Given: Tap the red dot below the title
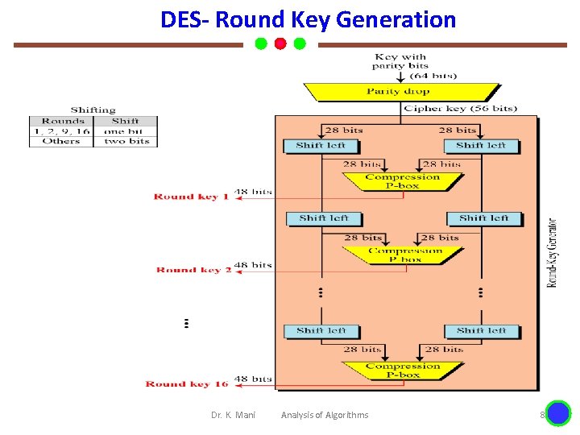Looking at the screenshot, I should [x=280, y=43].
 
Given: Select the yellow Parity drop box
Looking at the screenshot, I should [x=399, y=92].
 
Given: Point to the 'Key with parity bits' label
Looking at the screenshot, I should [x=400, y=61].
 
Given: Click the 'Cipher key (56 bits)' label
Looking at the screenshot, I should [x=460, y=109].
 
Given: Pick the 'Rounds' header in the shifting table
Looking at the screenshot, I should [x=63, y=121].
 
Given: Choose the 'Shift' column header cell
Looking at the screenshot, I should [x=125, y=121].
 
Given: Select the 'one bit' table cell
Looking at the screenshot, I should [x=125, y=131].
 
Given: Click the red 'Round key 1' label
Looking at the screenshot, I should [x=191, y=197].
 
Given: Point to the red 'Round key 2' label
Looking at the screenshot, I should [x=193, y=271].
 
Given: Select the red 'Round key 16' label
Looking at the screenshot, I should [x=187, y=384].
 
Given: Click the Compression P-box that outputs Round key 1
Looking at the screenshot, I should [x=402, y=181].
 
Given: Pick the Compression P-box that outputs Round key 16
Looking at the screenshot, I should [x=402, y=371].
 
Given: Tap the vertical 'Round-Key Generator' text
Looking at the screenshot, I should [x=553, y=252].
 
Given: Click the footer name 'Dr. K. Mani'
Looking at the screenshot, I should [x=233, y=415].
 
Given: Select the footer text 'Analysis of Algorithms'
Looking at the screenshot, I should [x=325, y=415].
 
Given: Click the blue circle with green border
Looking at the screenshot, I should [x=558, y=413].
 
